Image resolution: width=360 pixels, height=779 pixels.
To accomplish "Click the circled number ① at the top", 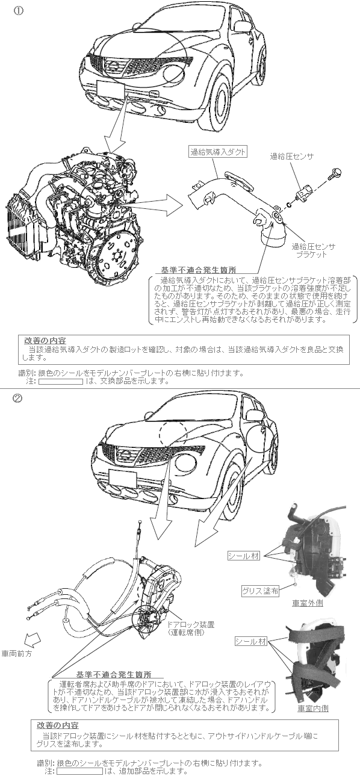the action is [x=18, y=11].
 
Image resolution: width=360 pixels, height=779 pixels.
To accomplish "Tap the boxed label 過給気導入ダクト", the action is [x=218, y=152].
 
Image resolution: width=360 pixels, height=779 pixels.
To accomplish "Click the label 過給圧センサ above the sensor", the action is [x=291, y=157].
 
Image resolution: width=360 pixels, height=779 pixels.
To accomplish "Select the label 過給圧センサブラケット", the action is [x=314, y=250].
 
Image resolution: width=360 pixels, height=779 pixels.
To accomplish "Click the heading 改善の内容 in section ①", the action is [x=45, y=341].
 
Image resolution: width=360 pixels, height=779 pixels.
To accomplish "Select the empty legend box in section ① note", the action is [x=61, y=382].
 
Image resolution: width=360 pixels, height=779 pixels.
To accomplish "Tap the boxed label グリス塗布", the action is [x=261, y=591].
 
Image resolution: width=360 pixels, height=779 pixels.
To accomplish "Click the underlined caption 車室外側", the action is [x=308, y=603].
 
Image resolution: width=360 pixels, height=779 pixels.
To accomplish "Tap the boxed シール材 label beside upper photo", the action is [x=244, y=556].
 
